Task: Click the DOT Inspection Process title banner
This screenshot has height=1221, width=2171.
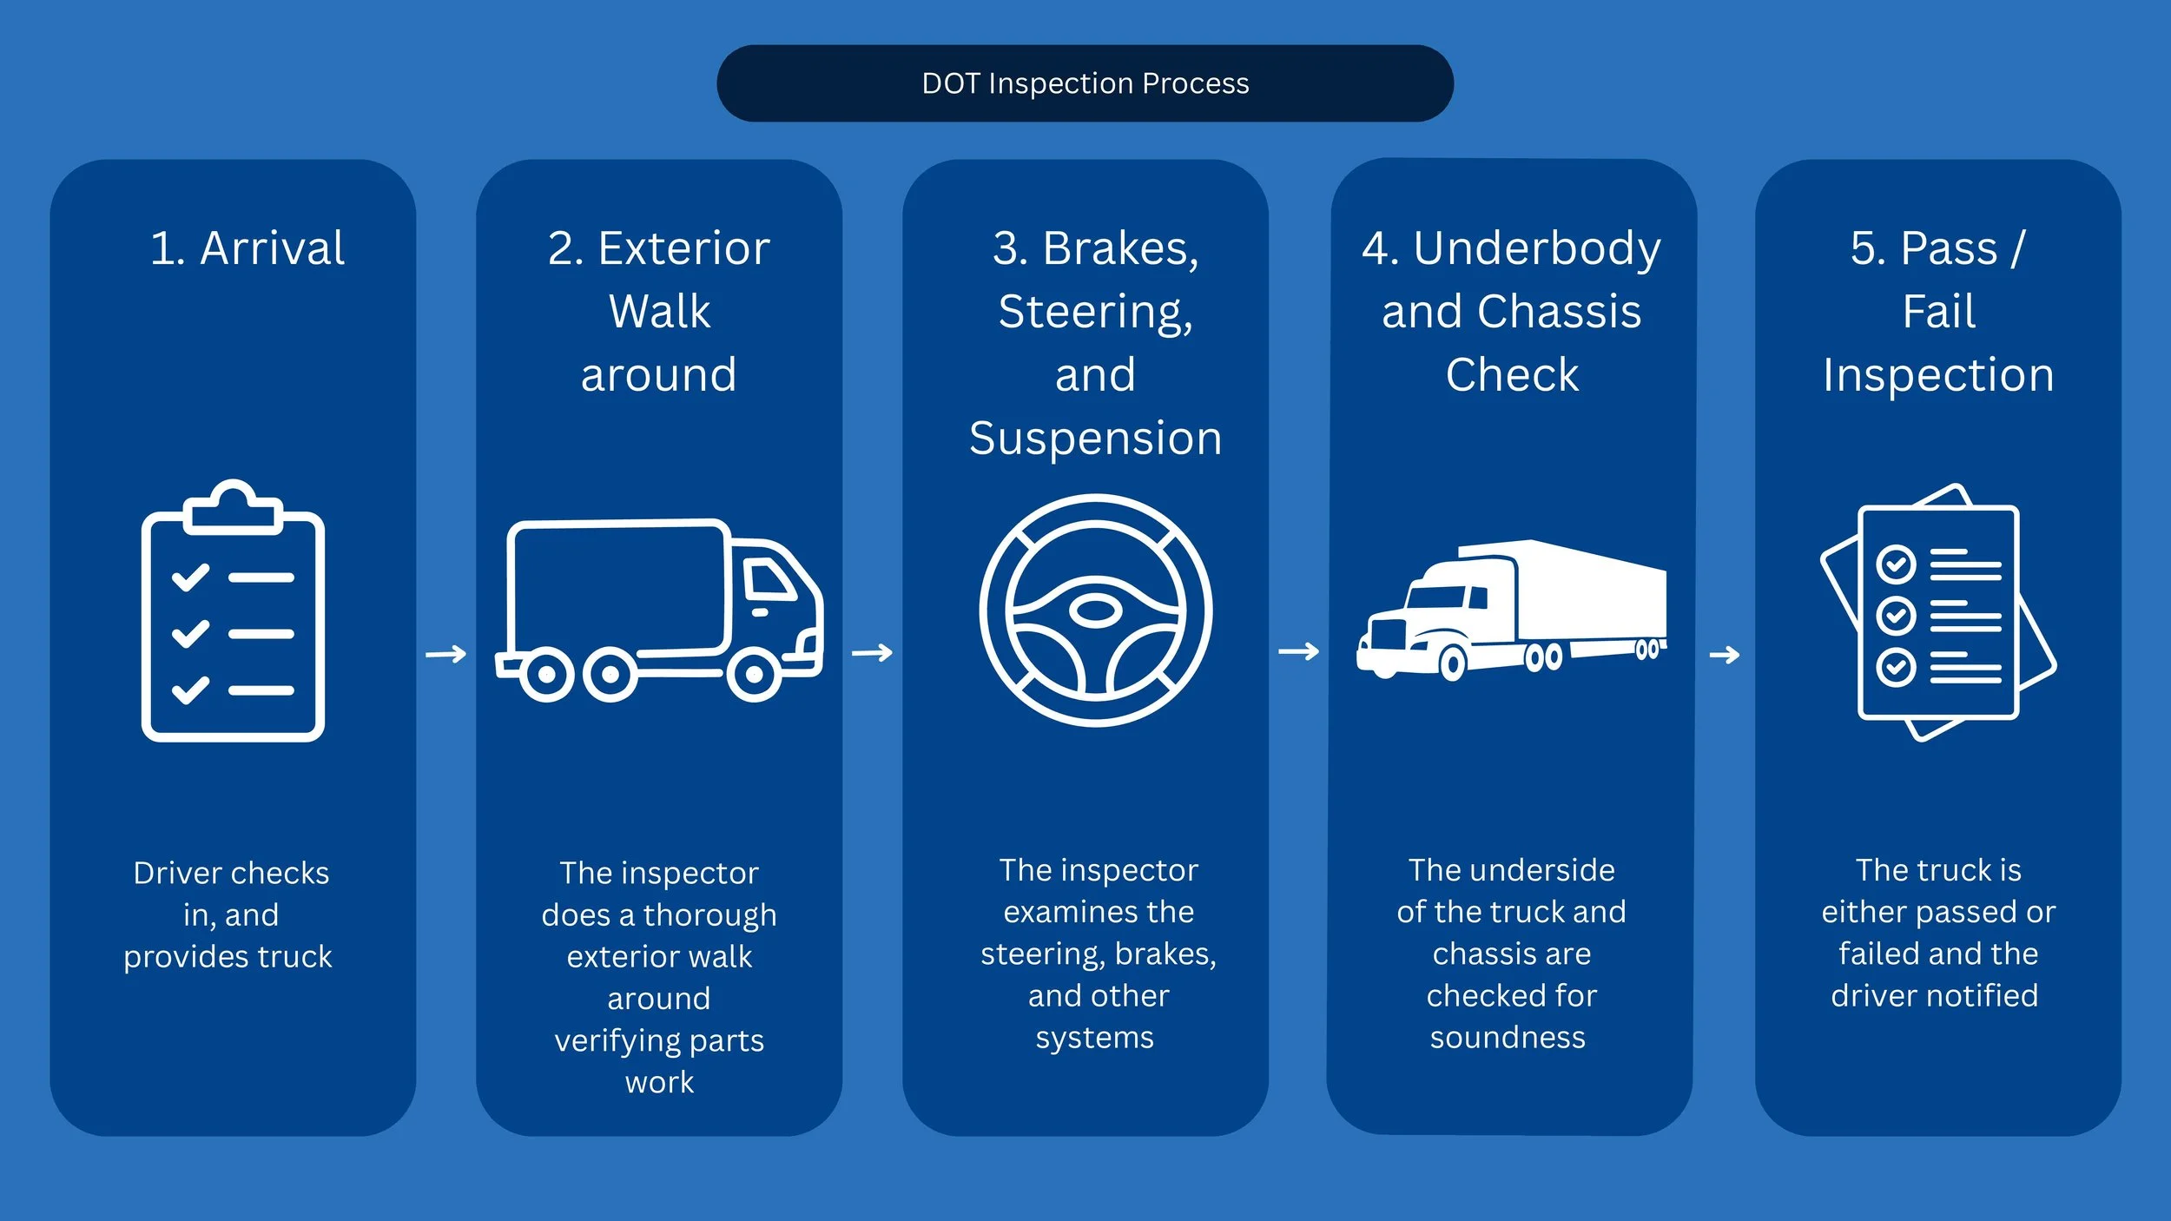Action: (1085, 83)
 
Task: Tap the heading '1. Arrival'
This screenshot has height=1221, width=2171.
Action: (247, 248)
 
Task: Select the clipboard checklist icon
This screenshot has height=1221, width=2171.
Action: (233, 610)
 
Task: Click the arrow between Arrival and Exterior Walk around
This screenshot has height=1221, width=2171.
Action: (446, 654)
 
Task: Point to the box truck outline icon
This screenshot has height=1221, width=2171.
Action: (659, 610)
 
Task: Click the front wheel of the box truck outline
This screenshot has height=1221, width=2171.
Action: (753, 674)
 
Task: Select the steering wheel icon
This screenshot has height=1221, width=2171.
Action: (1095, 610)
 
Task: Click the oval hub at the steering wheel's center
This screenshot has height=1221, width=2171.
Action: (1095, 610)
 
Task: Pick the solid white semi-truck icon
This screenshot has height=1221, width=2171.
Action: (1512, 610)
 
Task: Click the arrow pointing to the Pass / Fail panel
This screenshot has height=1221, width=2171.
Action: (1725, 655)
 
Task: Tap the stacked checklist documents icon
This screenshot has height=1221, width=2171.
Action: (1938, 612)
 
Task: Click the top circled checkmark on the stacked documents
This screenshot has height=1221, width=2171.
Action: (1897, 565)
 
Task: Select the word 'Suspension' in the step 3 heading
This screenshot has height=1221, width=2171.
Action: (1095, 439)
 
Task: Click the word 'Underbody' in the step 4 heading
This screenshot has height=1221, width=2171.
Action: (1537, 249)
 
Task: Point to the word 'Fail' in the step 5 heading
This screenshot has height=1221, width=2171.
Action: (1939, 311)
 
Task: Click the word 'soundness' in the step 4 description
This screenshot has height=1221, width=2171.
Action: (1508, 1038)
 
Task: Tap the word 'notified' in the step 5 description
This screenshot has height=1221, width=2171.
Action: (1986, 995)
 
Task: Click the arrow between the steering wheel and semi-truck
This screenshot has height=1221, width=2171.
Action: (1299, 651)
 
